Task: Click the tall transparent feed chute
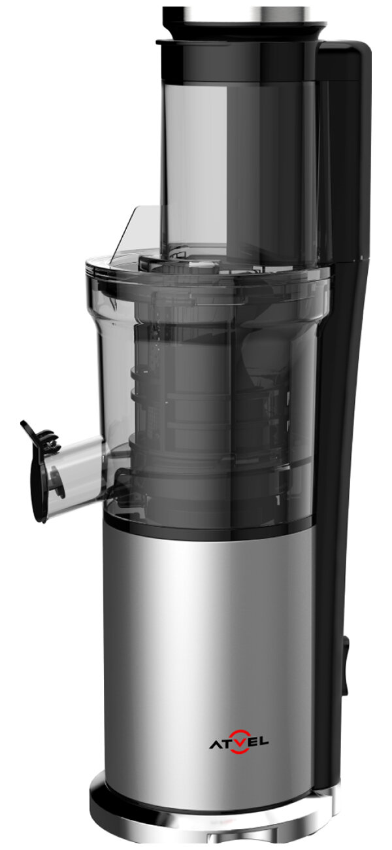[239, 171]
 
